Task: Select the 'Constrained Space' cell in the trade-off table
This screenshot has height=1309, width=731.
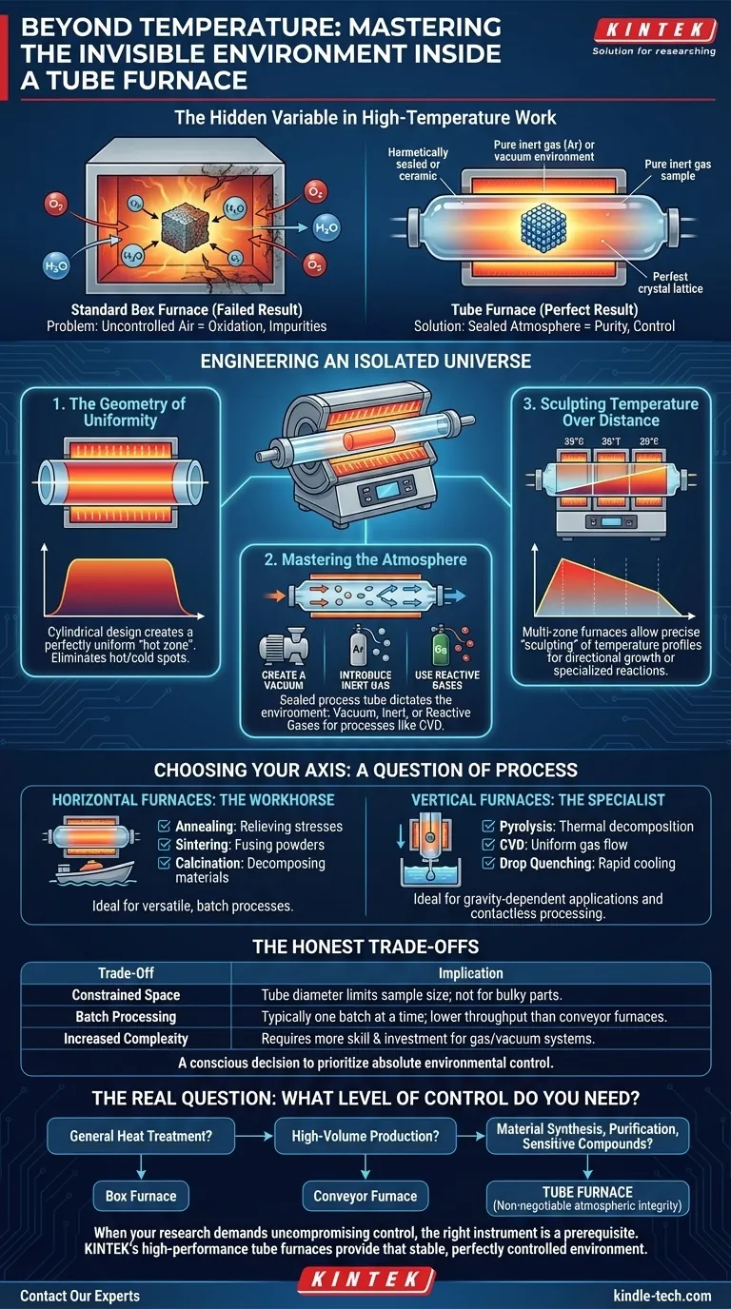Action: [128, 995]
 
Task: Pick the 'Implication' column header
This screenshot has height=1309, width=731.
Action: [470, 973]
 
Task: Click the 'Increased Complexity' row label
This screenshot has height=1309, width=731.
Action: [128, 1038]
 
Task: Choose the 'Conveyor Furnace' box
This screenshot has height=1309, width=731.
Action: [365, 1196]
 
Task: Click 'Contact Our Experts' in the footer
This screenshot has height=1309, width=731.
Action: [79, 1296]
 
